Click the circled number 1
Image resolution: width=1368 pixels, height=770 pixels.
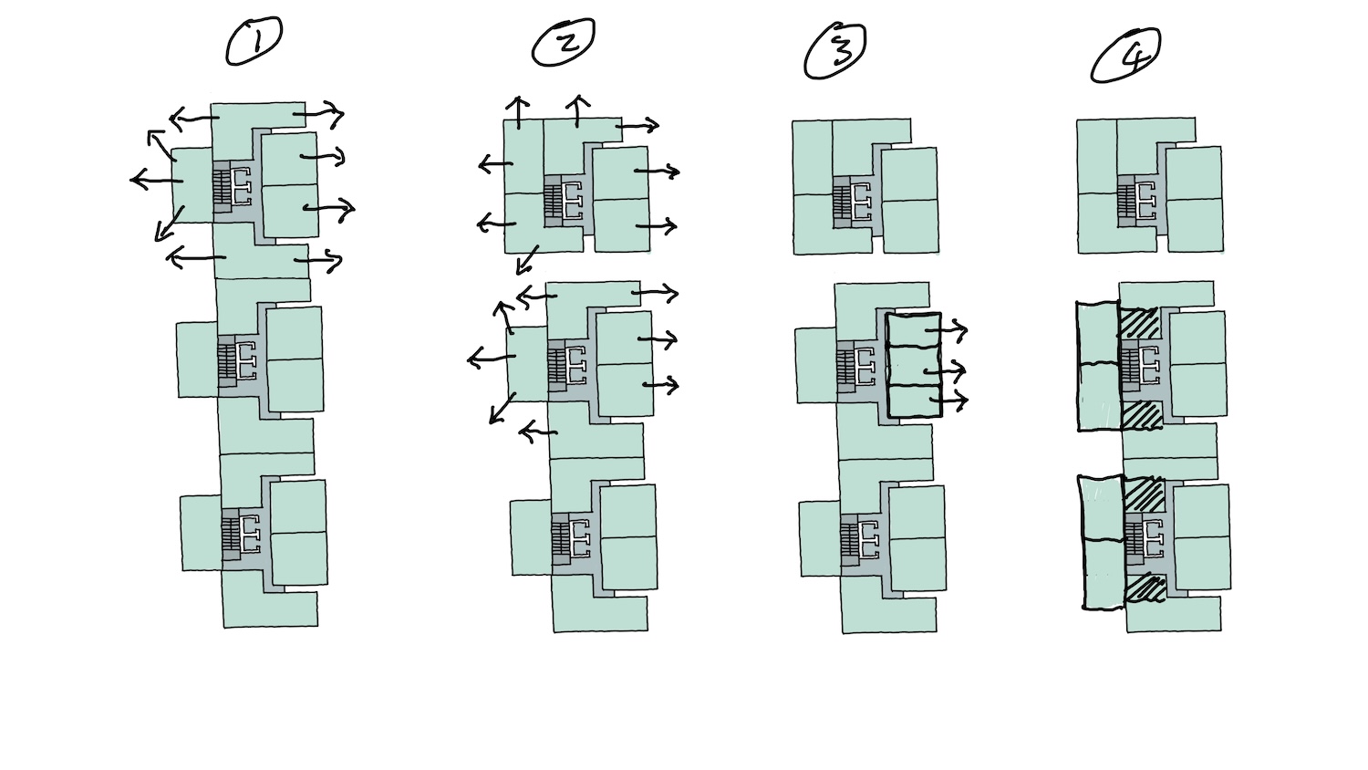pos(254,42)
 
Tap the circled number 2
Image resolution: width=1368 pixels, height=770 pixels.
pos(563,43)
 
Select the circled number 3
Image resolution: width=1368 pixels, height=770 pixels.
pos(834,50)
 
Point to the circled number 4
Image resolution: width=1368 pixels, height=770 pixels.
pos(1125,57)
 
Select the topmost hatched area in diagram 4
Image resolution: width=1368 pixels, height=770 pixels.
pos(1139,325)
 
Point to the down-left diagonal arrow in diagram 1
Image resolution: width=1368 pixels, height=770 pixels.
pos(168,224)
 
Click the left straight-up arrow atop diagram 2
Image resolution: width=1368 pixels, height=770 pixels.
pos(518,111)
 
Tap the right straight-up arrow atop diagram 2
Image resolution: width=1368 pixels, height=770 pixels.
pos(577,110)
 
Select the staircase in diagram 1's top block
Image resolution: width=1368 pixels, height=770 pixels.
pos(222,189)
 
